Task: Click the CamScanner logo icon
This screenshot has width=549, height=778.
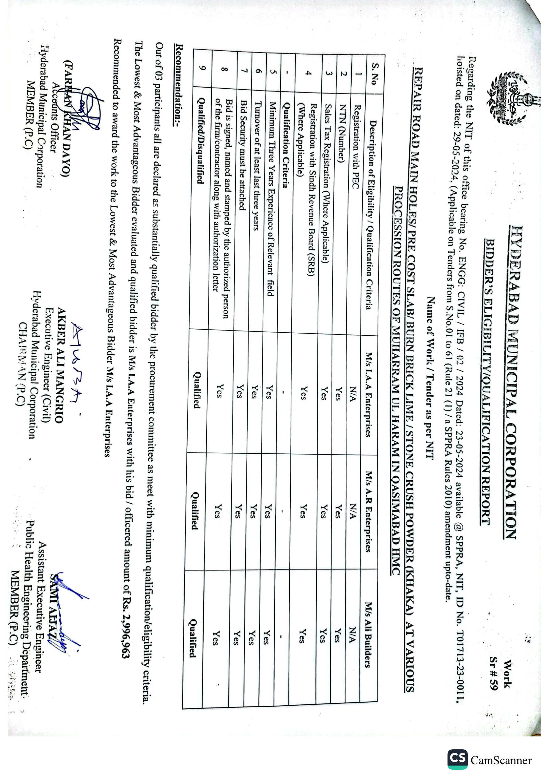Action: (x=457, y=759)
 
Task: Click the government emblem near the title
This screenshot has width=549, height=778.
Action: (x=508, y=99)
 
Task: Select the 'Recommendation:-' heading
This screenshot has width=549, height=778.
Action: (x=179, y=85)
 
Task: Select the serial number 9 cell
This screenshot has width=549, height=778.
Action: (x=202, y=68)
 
